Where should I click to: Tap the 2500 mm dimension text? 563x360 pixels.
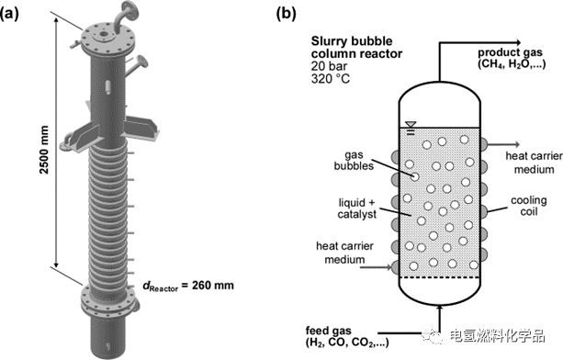click(44, 150)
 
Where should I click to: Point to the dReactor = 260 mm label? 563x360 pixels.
click(188, 286)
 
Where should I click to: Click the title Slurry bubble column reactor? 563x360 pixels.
click(356, 48)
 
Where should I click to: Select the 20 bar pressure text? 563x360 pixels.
click(329, 66)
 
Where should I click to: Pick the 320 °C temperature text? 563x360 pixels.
click(331, 78)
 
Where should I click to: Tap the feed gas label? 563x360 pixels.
click(347, 336)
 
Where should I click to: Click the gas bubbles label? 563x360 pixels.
click(354, 161)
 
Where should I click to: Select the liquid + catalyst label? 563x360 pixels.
click(357, 208)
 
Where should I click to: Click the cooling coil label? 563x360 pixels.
click(529, 206)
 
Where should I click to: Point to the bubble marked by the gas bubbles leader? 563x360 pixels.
click(415, 176)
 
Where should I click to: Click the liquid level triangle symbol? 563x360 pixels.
click(411, 125)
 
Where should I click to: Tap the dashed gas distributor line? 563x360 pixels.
click(440, 277)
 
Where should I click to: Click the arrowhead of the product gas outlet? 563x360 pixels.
click(517, 43)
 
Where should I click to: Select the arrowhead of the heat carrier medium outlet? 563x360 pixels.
click(517, 144)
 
